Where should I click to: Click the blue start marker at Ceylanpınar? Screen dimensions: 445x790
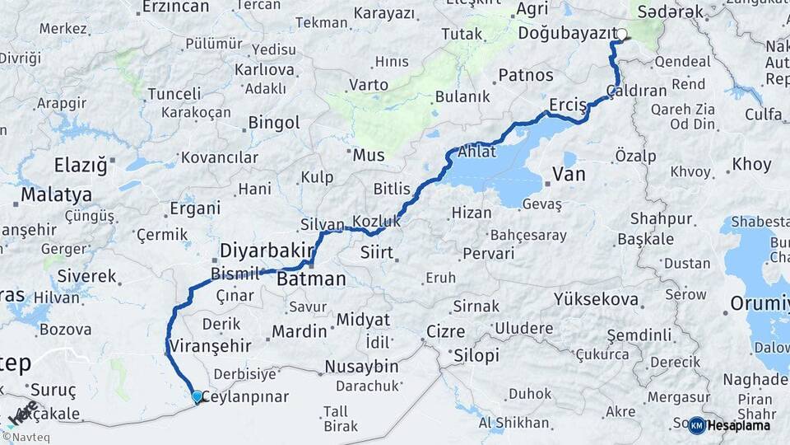click(x=197, y=396)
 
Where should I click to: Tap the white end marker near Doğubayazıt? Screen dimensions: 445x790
click(x=621, y=35)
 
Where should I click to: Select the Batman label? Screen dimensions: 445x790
click(x=311, y=279)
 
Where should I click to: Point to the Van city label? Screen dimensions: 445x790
click(x=569, y=174)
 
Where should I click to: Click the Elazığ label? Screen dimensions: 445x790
click(x=81, y=165)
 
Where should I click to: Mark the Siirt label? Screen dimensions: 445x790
click(x=377, y=253)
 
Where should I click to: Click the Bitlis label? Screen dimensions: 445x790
click(x=392, y=189)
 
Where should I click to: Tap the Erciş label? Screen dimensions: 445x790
click(x=568, y=105)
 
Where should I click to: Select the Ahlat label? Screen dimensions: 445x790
click(x=478, y=150)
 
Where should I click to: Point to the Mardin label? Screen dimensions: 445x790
click(x=300, y=331)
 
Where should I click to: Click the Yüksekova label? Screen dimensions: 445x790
click(x=597, y=299)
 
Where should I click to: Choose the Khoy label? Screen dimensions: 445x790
click(x=751, y=164)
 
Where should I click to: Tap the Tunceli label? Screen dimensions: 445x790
click(x=174, y=93)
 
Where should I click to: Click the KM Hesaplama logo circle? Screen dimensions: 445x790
click(x=697, y=425)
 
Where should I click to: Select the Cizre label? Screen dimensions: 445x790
click(x=445, y=332)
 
